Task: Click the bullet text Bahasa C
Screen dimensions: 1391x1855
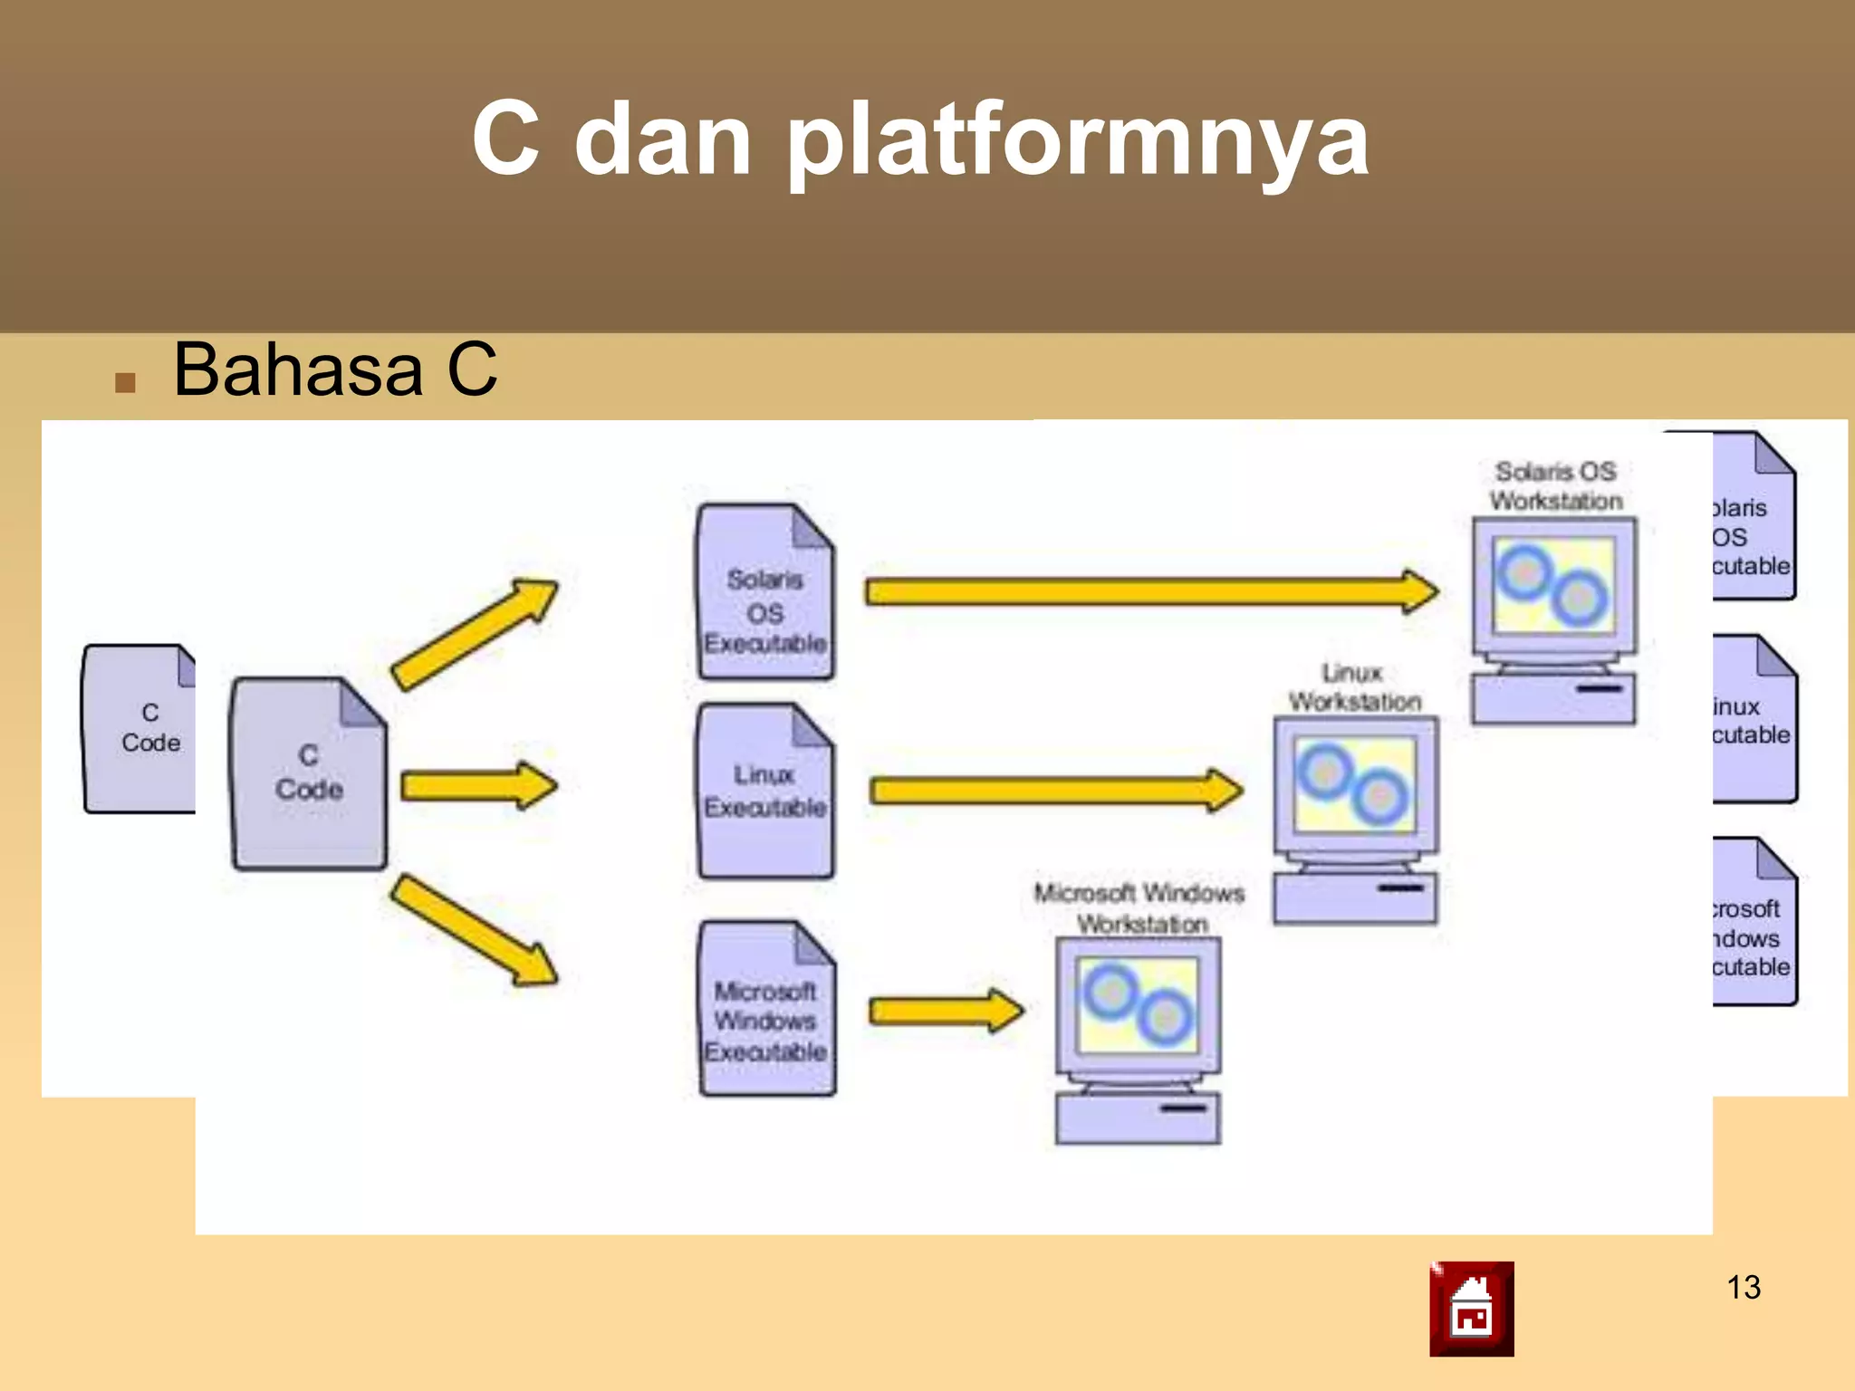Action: pyautogui.click(x=334, y=369)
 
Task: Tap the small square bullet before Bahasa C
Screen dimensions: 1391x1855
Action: pyautogui.click(x=125, y=382)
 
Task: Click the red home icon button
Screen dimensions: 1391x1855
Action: pyautogui.click(x=1471, y=1309)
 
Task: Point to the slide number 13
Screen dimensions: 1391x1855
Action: pyautogui.click(x=1743, y=1287)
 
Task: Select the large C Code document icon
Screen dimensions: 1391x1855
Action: pyautogui.click(x=309, y=774)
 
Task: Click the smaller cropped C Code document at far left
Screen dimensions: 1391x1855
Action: pyautogui.click(x=140, y=729)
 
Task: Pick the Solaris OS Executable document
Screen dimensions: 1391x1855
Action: pyautogui.click(x=765, y=593)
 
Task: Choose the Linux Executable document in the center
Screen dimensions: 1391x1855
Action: pyautogui.click(x=765, y=791)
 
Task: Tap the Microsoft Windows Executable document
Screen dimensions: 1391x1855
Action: pyautogui.click(x=766, y=1010)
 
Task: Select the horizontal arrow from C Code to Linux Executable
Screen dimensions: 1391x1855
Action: pyautogui.click(x=477, y=785)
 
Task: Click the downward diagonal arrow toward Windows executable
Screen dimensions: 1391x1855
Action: pyautogui.click(x=475, y=930)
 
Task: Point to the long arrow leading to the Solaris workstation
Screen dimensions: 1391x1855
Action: pyautogui.click(x=1150, y=591)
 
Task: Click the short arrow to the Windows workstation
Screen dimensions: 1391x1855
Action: pyautogui.click(x=945, y=1010)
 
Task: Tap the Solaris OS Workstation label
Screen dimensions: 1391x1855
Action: pyautogui.click(x=1555, y=486)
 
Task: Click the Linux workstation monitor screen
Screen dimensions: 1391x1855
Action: pyautogui.click(x=1354, y=784)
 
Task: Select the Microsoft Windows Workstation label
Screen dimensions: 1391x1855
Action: pyautogui.click(x=1139, y=908)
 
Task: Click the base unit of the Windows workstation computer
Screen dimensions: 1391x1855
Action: pyautogui.click(x=1138, y=1118)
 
